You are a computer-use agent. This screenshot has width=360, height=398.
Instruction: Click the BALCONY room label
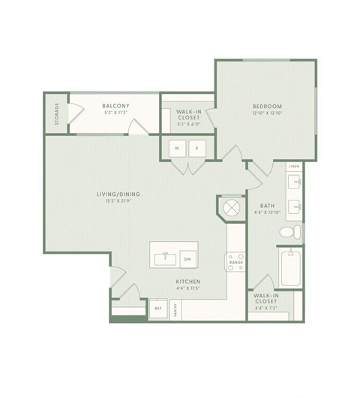click(116, 107)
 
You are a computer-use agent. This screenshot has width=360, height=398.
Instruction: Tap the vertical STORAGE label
click(56, 113)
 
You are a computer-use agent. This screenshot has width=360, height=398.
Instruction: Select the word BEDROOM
click(266, 107)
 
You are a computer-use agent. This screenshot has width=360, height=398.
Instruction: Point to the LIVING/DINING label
click(118, 194)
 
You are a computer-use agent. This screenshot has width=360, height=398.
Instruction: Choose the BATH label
click(266, 205)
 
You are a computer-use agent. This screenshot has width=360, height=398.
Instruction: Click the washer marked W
click(177, 149)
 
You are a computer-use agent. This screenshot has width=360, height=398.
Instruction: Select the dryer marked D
click(196, 149)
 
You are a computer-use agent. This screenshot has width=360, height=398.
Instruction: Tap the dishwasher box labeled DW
click(187, 259)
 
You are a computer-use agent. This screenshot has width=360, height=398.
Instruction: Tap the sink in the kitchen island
click(164, 259)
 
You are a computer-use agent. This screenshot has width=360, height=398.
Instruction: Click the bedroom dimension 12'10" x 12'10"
click(266, 113)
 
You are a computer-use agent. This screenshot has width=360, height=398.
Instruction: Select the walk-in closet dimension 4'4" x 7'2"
click(266, 308)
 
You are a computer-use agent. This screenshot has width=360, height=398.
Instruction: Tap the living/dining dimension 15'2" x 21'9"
click(118, 201)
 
